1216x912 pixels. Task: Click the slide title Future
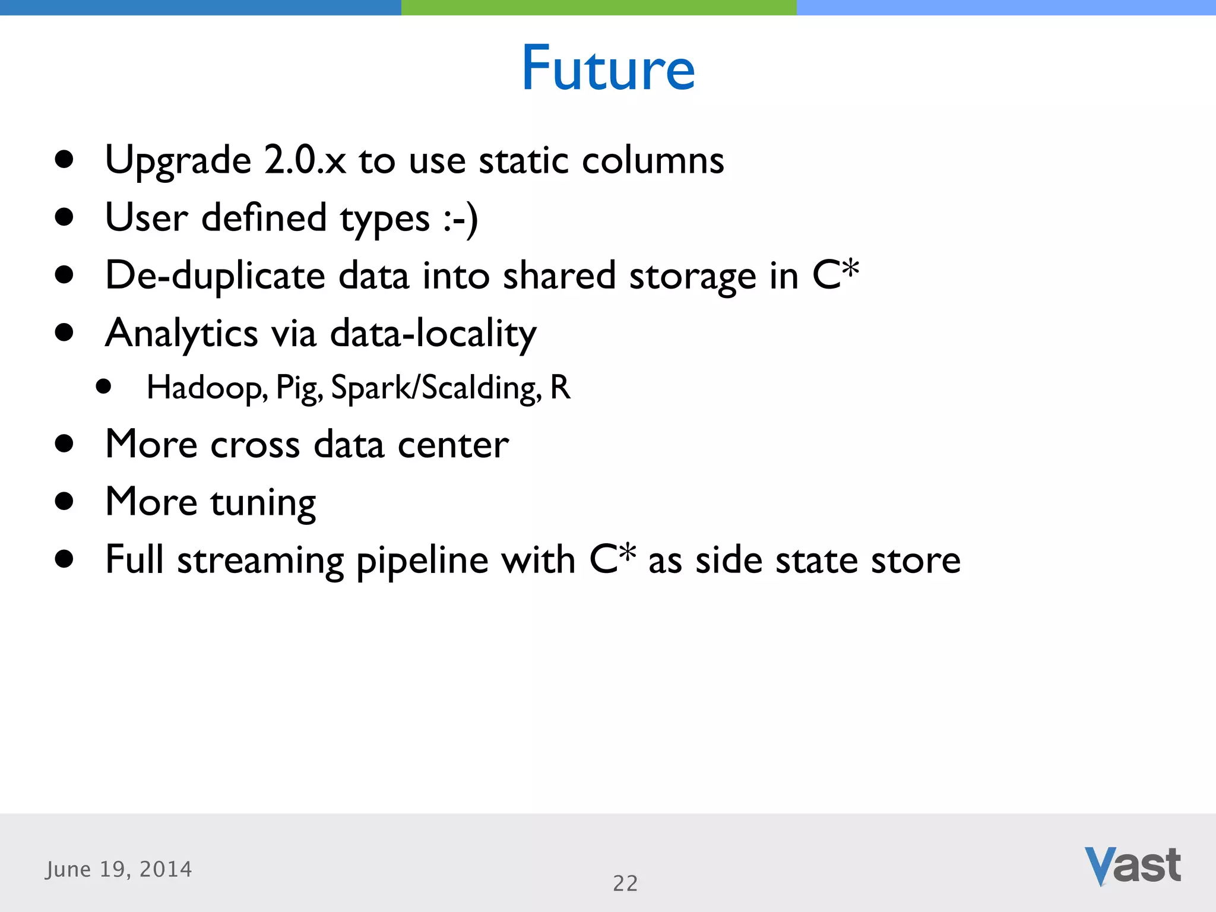(x=608, y=69)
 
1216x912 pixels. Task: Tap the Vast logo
(x=1132, y=866)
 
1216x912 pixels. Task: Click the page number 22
(x=625, y=883)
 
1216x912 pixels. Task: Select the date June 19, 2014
(x=119, y=869)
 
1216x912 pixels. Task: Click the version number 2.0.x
(x=305, y=160)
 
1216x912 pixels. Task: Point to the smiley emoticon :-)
(x=460, y=218)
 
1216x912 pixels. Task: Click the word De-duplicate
(x=215, y=276)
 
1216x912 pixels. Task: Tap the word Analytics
(x=181, y=334)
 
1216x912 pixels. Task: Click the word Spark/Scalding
(x=436, y=388)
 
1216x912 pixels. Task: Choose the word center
(x=452, y=445)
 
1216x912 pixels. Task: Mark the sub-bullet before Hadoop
(x=103, y=387)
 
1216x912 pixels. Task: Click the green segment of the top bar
(x=598, y=7)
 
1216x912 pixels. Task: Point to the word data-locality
(x=433, y=334)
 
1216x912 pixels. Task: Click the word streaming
(x=260, y=560)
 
